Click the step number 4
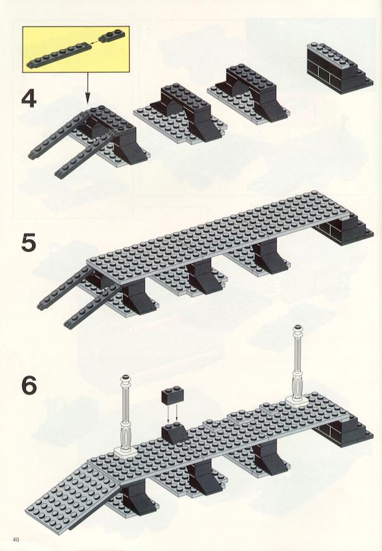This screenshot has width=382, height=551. pos(29,99)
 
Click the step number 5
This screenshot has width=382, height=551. pos(29,243)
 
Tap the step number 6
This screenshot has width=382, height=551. pos(29,386)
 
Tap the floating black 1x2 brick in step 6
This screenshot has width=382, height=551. pos(173,395)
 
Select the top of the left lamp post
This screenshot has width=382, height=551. pos(125,379)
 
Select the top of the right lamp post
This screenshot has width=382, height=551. pos(298,329)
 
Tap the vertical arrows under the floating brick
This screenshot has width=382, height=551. pos(172,413)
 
